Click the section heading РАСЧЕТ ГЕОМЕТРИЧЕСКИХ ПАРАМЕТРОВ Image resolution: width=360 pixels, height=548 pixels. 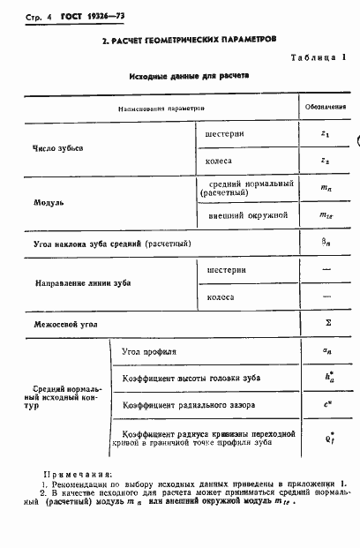pos(188,40)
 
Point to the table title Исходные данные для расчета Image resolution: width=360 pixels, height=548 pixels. pos(188,76)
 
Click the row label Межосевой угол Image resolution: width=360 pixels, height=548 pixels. pos(65,324)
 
